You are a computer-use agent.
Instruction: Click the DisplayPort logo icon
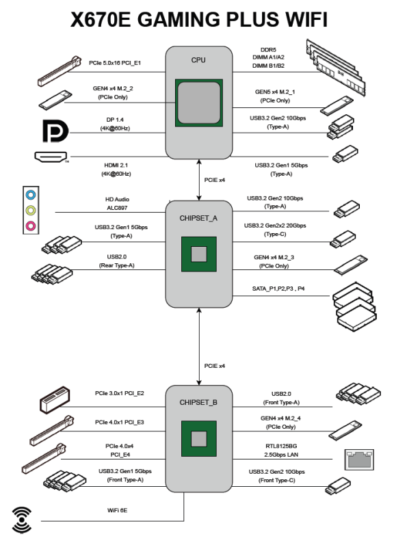[x=55, y=131]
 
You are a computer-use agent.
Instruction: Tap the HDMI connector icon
[x=51, y=157]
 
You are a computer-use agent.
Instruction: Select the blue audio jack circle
[x=31, y=195]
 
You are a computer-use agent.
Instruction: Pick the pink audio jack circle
[x=31, y=226]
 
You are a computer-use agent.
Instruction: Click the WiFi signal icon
[x=22, y=520]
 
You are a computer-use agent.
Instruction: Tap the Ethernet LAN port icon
[x=359, y=459]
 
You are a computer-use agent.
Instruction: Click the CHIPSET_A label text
[x=198, y=218]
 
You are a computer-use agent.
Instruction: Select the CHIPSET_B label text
[x=198, y=403]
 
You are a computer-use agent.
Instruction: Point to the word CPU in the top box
[x=198, y=60]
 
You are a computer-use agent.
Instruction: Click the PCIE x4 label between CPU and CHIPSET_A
[x=214, y=180]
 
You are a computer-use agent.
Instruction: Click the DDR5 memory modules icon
[x=336, y=67]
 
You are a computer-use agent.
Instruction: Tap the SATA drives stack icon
[x=354, y=307]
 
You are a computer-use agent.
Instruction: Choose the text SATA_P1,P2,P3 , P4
[x=278, y=289]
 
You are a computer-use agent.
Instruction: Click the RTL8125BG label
[x=281, y=446]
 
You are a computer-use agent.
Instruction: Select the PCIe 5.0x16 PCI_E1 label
[x=115, y=63]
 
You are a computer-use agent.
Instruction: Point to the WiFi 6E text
[x=117, y=510]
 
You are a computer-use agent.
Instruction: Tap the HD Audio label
[x=117, y=199]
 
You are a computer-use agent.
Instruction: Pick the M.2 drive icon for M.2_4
[x=345, y=430]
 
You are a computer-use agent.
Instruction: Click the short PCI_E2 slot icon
[x=55, y=400]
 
